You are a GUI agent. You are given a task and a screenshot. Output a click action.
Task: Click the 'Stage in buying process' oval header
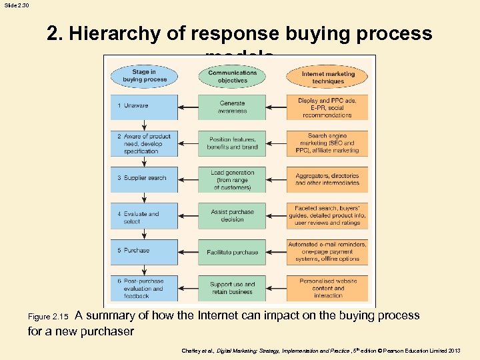144,76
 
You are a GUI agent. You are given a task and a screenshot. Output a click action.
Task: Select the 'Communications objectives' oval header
232,76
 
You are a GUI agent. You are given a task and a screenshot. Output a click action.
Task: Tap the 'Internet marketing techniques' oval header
327,77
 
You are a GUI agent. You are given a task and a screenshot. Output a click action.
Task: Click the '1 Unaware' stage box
144,107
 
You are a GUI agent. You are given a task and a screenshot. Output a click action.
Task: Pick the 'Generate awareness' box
232,107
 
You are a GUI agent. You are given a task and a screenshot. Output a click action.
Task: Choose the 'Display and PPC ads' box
327,107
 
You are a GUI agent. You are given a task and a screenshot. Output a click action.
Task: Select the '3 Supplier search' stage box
144,179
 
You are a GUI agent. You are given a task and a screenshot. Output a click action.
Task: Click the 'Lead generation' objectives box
232,179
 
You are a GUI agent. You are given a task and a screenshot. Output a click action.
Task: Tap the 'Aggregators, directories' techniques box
327,179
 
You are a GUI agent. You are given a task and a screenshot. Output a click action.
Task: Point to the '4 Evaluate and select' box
144,216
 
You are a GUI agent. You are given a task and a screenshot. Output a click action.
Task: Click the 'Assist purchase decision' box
232,215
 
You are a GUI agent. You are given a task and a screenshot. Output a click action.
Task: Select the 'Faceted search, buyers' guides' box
327,215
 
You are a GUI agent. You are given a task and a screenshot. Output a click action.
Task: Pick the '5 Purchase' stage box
144,251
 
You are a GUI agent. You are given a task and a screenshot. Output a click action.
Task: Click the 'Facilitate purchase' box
232,252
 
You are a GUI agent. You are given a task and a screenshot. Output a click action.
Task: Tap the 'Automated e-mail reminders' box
327,251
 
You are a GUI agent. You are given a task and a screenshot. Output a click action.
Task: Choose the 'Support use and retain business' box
232,288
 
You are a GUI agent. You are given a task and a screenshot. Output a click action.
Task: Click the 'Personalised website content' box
327,288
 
